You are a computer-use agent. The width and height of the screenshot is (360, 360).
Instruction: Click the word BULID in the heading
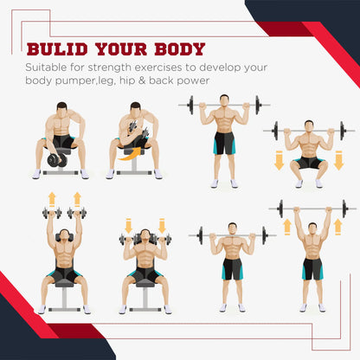point(57,49)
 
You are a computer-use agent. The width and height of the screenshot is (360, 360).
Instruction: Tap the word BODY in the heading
point(180,49)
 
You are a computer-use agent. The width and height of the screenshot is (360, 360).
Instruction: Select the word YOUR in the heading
point(121,49)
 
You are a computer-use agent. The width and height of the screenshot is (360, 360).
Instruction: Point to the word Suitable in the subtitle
point(46,67)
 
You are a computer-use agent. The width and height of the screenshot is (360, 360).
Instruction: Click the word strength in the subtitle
point(109,67)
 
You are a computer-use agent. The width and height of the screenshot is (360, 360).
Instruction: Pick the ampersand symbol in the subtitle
point(142,80)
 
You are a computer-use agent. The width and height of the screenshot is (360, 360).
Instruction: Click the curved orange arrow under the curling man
point(130,154)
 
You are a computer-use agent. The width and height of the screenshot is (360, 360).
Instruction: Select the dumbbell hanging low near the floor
point(57,160)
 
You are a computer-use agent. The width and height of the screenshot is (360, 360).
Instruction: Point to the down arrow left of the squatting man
point(279,160)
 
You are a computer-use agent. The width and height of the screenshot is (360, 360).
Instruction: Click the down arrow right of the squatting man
point(338,160)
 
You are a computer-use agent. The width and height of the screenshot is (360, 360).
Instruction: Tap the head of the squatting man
point(309,126)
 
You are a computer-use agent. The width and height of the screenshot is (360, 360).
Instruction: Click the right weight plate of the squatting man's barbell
point(343,131)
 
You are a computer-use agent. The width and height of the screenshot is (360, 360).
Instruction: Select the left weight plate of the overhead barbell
point(280,209)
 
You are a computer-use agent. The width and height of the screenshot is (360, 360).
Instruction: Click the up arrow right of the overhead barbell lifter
point(337,227)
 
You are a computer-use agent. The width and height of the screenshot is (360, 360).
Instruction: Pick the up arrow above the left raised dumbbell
point(52,200)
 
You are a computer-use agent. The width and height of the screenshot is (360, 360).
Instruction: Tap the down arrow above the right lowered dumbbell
point(162,226)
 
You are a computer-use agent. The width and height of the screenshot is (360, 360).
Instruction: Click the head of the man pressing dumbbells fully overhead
point(64,235)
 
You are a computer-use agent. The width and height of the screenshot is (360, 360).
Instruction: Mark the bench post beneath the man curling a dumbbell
point(134,164)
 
